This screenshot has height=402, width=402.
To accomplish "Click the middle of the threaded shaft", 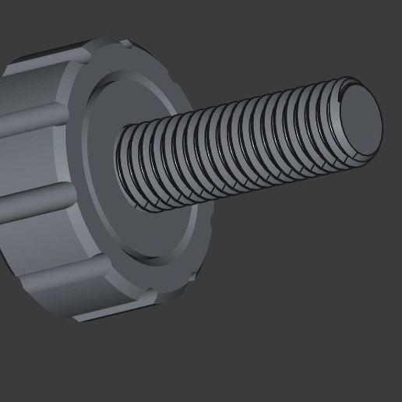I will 234,148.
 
